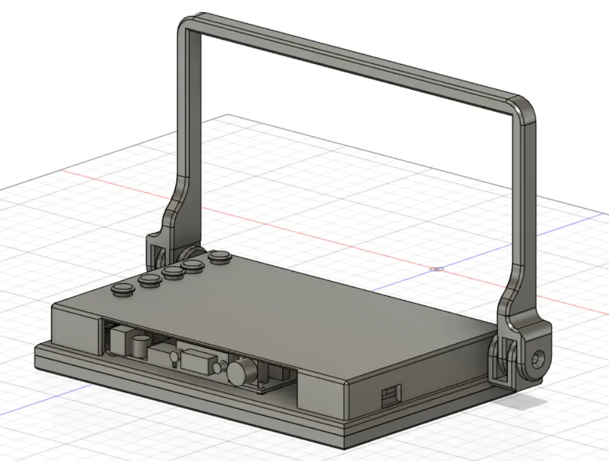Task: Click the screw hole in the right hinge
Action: [x=538, y=360]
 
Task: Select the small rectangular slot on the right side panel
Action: [x=390, y=396]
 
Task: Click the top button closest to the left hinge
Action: [x=220, y=256]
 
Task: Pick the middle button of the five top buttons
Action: [x=173, y=272]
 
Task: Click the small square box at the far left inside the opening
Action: [x=117, y=339]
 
